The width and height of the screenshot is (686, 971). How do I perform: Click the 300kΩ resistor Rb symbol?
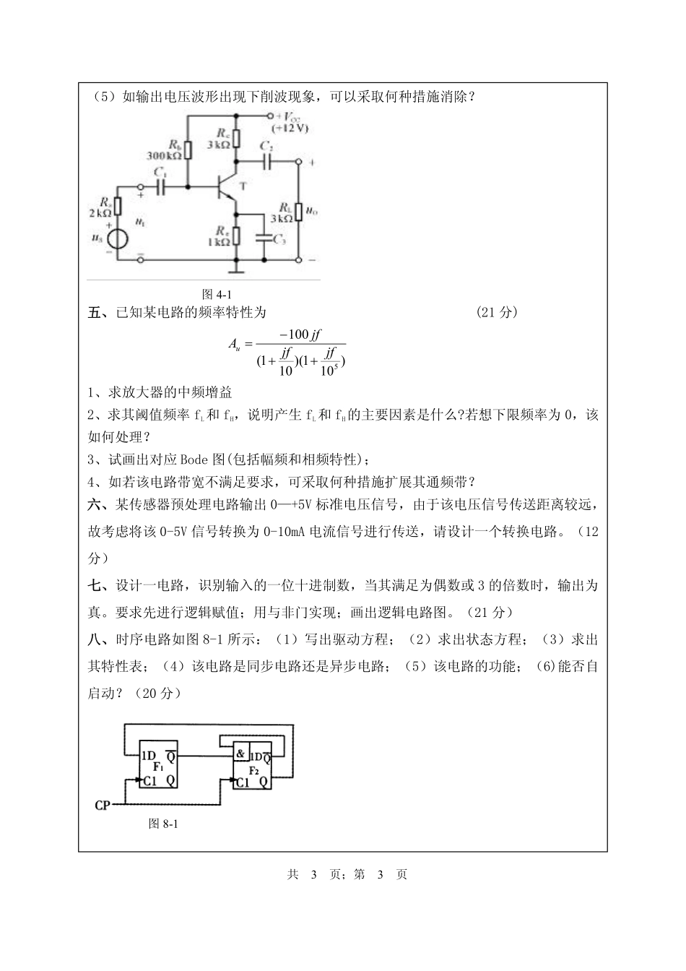[x=188, y=150]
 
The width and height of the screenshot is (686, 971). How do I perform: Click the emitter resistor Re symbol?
[x=235, y=236]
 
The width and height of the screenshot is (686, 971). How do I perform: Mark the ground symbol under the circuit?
[x=235, y=271]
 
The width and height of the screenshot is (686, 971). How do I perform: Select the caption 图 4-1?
[x=217, y=294]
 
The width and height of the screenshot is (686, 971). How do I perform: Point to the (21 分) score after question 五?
[x=498, y=312]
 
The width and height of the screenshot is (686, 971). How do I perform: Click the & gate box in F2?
[x=240, y=754]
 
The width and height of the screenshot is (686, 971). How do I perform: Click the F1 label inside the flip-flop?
[x=158, y=767]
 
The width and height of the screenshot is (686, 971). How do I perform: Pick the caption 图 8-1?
[x=162, y=823]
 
